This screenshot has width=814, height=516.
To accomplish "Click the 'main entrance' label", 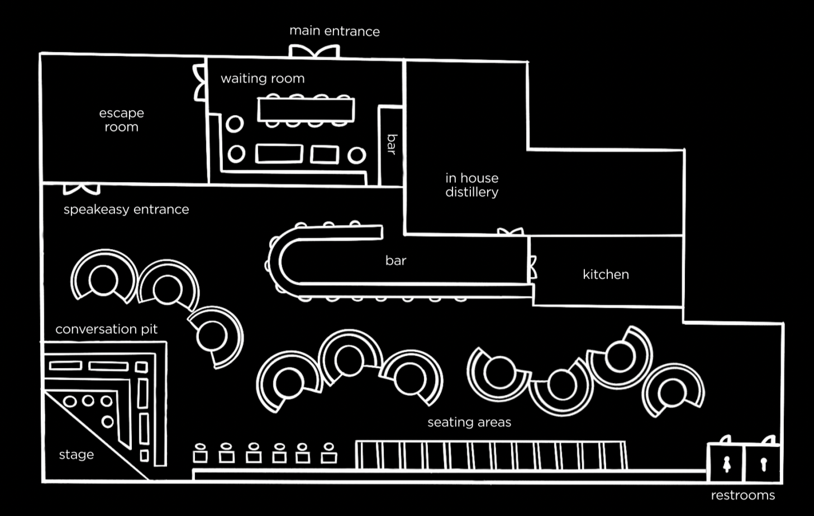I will tap(334, 31).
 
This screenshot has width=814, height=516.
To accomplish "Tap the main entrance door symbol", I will tap(314, 51).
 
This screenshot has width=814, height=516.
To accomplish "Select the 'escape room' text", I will tap(121, 120).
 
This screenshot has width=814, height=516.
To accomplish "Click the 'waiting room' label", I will tap(263, 78).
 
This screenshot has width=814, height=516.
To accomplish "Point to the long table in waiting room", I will tap(306, 110).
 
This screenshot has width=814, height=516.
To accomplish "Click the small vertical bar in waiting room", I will tap(391, 145).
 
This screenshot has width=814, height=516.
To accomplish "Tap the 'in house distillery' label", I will tap(472, 185).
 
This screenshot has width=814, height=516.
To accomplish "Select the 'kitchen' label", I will tap(606, 274).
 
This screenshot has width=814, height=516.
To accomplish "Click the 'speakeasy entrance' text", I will tap(126, 209).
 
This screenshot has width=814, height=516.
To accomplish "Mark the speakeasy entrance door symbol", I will tap(82, 189).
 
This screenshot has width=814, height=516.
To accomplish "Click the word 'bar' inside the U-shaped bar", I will tap(396, 260).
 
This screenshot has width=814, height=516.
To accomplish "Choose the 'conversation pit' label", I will tap(106, 329).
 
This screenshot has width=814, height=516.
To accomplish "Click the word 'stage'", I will tap(77, 455).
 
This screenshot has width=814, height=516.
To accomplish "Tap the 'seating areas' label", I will tap(469, 422).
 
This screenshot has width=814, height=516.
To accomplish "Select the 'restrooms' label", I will tap(742, 495).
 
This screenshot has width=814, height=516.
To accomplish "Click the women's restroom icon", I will tap(727, 464).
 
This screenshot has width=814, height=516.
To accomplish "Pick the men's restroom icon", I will tap(763, 464).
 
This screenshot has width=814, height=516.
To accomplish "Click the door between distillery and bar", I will tap(510, 231).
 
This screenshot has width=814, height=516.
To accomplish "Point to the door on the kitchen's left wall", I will tap(533, 267).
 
